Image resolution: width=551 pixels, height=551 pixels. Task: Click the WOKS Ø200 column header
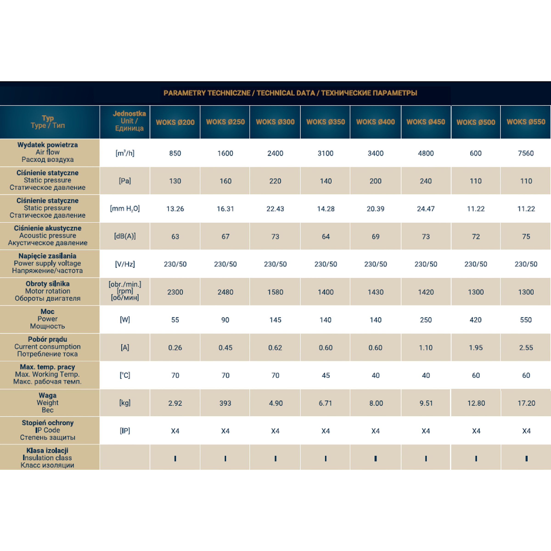coord(175,122)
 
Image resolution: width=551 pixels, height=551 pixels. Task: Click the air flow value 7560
coord(526,153)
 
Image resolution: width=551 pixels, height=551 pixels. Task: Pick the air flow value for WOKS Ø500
coord(476,153)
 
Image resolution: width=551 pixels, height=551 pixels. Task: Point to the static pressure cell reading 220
coord(275,181)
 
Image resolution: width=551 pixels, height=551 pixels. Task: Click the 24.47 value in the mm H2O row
coord(426,209)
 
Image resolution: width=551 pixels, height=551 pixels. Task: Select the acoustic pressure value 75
coord(526,236)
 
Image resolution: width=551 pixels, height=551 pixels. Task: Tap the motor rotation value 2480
coord(225,292)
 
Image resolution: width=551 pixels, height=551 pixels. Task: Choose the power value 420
coord(476,320)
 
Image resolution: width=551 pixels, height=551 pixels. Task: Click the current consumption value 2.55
coord(526,348)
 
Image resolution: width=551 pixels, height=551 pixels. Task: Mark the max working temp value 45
coord(326,375)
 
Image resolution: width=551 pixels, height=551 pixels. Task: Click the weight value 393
coord(225,403)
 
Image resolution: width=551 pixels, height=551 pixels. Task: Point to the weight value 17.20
coord(526,403)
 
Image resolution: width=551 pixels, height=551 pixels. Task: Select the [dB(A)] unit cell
coord(125,236)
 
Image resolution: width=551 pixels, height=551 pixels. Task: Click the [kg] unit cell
coord(125,403)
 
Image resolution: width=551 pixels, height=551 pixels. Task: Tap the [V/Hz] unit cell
coord(125,264)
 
